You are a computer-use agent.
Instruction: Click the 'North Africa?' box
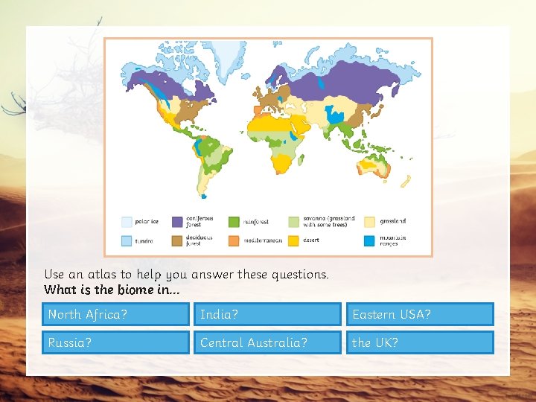pos(115,314)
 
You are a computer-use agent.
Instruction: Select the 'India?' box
pos(267,314)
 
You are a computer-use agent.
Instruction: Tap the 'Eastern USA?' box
pos(419,314)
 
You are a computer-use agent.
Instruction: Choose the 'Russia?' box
pos(115,342)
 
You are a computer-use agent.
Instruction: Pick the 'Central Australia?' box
pos(267,342)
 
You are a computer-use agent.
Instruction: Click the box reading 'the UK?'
pos(419,342)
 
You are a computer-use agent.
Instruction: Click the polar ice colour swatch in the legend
pos(127,222)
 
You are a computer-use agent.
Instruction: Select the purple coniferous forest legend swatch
pos(177,222)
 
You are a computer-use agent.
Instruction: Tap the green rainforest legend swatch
pos(233,222)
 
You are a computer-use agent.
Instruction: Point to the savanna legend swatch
pos(294,222)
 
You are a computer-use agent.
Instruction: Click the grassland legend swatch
pos(370,222)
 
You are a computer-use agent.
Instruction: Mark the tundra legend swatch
pos(127,241)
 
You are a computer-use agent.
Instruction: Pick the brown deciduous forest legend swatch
pos(177,241)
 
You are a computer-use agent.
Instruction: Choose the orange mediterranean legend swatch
pos(233,241)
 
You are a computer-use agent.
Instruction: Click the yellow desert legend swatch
pos(294,241)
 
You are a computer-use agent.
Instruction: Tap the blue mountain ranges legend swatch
pos(370,241)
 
